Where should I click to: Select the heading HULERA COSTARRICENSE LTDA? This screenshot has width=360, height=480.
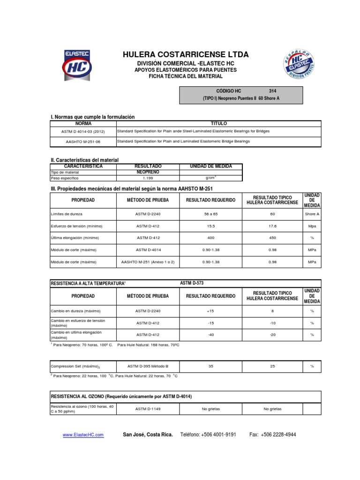tap(186, 55)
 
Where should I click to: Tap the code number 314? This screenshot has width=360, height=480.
tap(273, 91)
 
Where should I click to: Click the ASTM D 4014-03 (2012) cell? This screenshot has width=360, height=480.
tap(83, 131)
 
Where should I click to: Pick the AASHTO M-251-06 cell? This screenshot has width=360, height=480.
tap(83, 141)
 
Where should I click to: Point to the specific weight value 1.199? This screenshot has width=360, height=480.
tap(148, 178)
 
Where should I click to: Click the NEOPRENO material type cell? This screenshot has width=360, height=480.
tap(148, 172)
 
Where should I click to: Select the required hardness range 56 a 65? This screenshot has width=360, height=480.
tap(210, 214)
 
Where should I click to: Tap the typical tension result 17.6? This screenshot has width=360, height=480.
tap(272, 226)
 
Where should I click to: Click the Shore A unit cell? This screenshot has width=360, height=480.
tap(312, 214)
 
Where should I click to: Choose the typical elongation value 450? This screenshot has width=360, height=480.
tap(272, 238)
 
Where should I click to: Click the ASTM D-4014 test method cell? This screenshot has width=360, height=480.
tap(148, 250)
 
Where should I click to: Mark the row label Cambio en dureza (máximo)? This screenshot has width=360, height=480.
tap(75, 311)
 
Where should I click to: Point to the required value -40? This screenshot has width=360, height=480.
tap(210, 335)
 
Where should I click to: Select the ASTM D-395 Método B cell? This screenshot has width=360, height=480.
tap(148, 366)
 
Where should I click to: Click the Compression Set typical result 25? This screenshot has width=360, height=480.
tap(272, 366)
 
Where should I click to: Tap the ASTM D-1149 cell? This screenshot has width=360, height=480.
tap(148, 409)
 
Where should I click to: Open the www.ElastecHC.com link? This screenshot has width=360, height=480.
tap(83, 435)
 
